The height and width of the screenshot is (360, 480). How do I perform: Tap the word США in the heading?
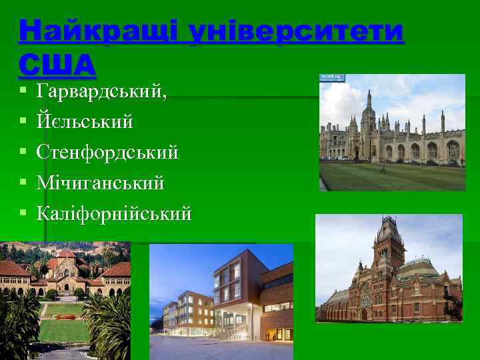[58, 64]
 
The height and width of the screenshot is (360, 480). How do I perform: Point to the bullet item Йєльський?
[85, 122]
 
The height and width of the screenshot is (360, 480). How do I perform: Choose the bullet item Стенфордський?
[108, 153]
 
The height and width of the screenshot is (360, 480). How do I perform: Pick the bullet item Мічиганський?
[101, 183]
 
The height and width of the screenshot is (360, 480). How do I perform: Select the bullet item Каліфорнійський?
[115, 213]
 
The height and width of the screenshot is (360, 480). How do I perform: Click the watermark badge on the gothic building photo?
[331, 77]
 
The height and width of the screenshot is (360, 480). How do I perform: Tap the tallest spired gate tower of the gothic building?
[369, 117]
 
